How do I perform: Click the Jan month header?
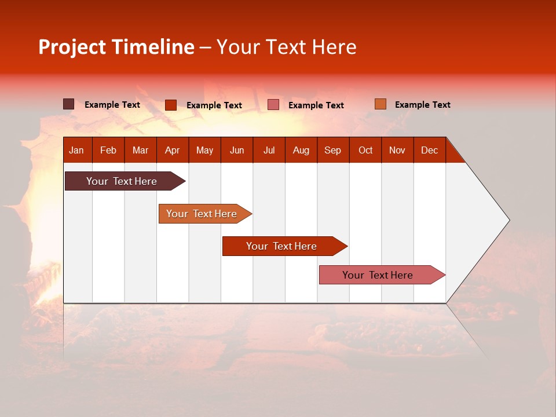pyautogui.click(x=76, y=150)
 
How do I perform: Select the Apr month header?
pyautogui.click(x=172, y=150)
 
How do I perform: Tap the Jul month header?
pyautogui.click(x=269, y=150)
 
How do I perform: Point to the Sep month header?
pyautogui.click(x=332, y=150)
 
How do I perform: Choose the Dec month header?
pyautogui.click(x=429, y=150)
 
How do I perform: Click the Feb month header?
pyautogui.click(x=108, y=150)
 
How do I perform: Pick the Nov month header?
pyautogui.click(x=397, y=150)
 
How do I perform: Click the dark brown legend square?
pyautogui.click(x=69, y=104)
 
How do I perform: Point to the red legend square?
pyautogui.click(x=171, y=105)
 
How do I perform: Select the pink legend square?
pyautogui.click(x=273, y=105)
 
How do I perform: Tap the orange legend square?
pyautogui.click(x=381, y=104)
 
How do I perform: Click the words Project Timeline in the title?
pyautogui.click(x=116, y=47)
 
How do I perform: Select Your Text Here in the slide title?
pyautogui.click(x=286, y=47)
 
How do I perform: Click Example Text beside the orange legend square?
pyautogui.click(x=422, y=105)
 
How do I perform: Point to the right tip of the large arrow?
pyautogui.click(x=509, y=220)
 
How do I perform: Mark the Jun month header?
pyautogui.click(x=236, y=150)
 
